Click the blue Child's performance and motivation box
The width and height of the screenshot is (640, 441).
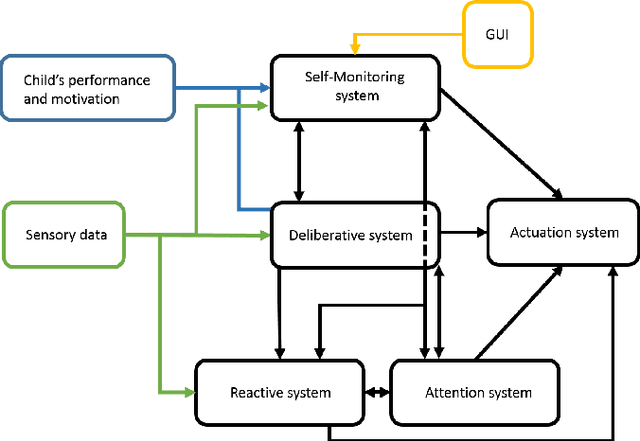pos(87,89)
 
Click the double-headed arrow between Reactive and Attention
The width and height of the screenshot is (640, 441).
pos(375,391)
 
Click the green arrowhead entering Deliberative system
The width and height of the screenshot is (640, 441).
pos(265,236)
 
